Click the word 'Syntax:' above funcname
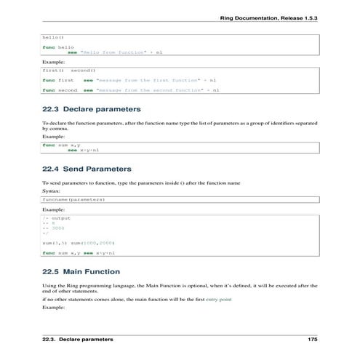click(x=52, y=191)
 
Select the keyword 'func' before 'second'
click(x=49, y=90)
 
